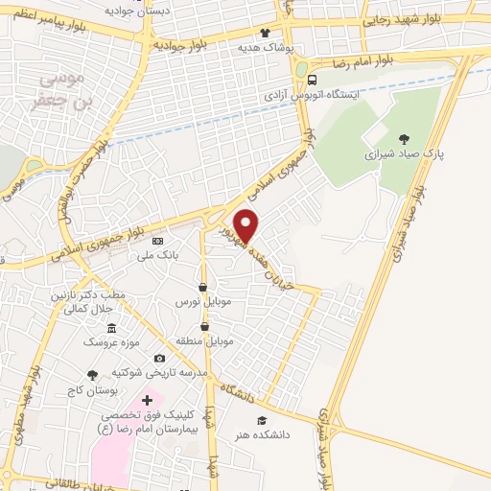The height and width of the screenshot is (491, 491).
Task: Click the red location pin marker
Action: (246, 225)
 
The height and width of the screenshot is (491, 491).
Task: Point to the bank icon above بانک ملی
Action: (158, 241)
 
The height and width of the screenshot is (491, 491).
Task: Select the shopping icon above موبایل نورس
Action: (202, 287)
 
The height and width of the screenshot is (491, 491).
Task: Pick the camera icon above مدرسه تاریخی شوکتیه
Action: (159, 358)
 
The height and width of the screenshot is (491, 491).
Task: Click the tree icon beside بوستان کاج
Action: (92, 375)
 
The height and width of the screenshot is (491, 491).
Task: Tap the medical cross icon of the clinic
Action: (147, 399)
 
